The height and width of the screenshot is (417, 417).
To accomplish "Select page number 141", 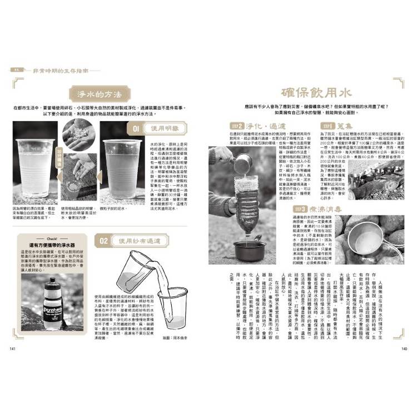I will pyautogui.click(x=12, y=349).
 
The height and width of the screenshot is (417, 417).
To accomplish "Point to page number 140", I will pyautogui.click(x=404, y=349).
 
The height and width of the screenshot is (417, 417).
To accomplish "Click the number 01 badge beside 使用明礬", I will pyautogui.click(x=135, y=129).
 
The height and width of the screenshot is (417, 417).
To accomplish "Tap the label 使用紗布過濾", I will pyautogui.click(x=138, y=241).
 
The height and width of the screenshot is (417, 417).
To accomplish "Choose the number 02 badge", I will pyautogui.click(x=103, y=241).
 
